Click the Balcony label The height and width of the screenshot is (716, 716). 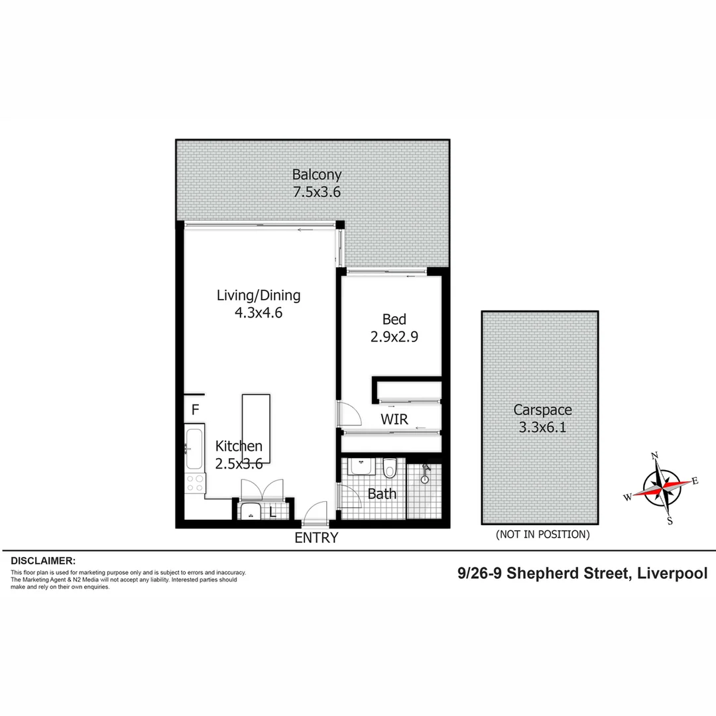pyautogui.click(x=318, y=175)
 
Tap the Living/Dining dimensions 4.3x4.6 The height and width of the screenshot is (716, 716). pyautogui.click(x=259, y=312)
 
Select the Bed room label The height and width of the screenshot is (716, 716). pyautogui.click(x=394, y=320)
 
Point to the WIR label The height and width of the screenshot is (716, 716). pyautogui.click(x=394, y=419)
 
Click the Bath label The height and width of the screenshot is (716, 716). pyautogui.click(x=382, y=494)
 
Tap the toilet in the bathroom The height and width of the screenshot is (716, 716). pyautogui.click(x=390, y=468)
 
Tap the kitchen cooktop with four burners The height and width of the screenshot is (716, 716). pyautogui.click(x=196, y=483)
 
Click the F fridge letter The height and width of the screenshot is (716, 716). pyautogui.click(x=196, y=410)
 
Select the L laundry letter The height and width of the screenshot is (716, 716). pyautogui.click(x=272, y=512)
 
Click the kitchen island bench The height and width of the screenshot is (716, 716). pyautogui.click(x=256, y=424)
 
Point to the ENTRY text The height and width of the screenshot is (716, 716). pyautogui.click(x=316, y=538)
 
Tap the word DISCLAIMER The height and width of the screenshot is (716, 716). pyautogui.click(x=43, y=560)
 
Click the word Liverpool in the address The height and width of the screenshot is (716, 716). pyautogui.click(x=672, y=573)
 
